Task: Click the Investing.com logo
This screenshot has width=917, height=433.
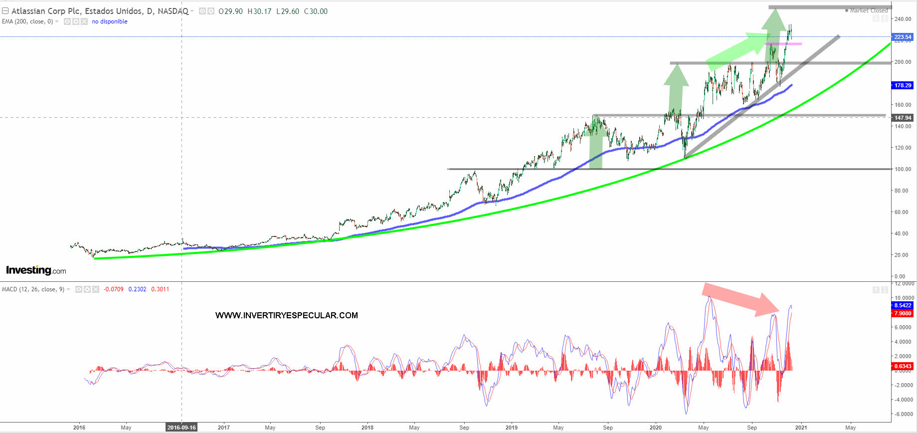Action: tap(36, 270)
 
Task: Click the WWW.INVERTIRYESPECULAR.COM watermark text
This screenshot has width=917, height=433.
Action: tap(286, 315)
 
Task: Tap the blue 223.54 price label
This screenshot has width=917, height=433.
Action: tap(903, 37)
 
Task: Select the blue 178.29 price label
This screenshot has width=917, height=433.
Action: tap(903, 85)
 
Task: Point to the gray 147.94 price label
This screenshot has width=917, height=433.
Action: tap(903, 118)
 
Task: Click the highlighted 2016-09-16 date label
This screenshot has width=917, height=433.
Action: tap(182, 428)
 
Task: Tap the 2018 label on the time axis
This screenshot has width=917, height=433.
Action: tap(367, 428)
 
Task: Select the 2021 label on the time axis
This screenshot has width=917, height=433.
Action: tap(801, 428)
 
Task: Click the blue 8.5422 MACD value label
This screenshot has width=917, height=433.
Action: tap(903, 305)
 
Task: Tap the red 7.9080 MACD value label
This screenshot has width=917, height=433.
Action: tap(903, 313)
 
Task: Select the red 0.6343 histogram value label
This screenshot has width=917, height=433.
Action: tap(903, 366)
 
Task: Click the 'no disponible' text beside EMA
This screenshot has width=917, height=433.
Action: tap(109, 21)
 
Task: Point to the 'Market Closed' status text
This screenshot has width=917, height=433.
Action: tap(869, 10)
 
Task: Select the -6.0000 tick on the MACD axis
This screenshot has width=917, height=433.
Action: tap(903, 414)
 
